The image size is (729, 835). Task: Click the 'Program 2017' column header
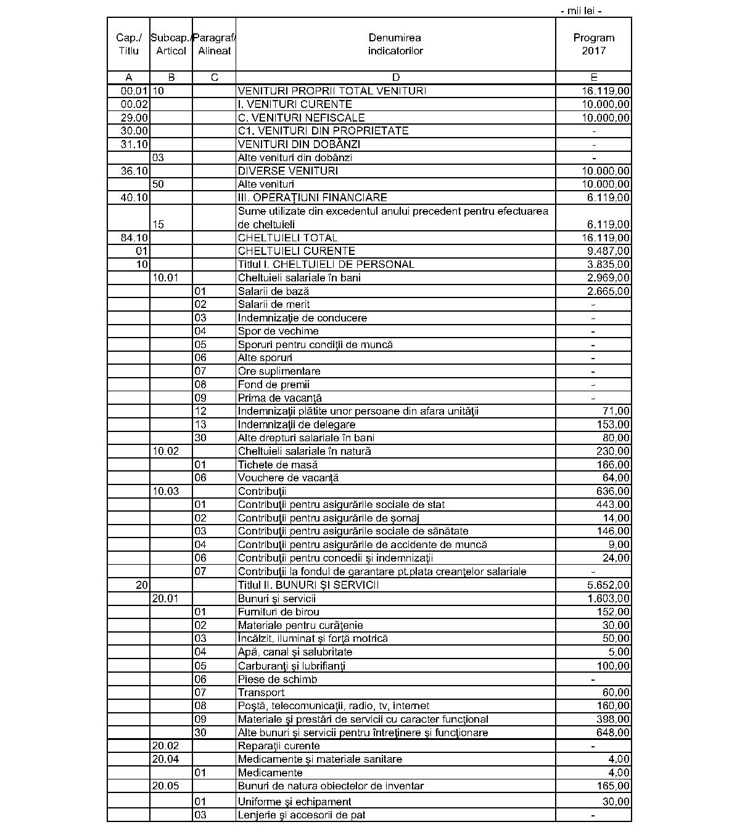(x=593, y=44)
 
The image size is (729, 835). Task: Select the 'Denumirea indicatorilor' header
(x=395, y=44)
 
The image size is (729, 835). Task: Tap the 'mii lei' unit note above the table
(x=580, y=10)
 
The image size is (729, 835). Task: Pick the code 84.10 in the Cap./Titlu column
(x=135, y=238)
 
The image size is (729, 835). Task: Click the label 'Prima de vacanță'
(x=279, y=398)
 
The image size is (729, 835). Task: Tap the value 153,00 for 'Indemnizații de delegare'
(x=615, y=425)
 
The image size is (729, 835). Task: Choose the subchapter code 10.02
(x=165, y=451)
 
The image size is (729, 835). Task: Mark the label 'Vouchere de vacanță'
(x=288, y=478)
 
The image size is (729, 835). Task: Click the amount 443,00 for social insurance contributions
(x=615, y=505)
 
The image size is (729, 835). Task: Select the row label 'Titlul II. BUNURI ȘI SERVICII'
(x=308, y=585)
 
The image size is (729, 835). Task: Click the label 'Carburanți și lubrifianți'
(x=291, y=666)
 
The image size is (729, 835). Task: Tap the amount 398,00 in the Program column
(x=615, y=719)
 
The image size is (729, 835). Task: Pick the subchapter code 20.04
(x=165, y=759)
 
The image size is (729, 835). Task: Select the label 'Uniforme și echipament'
(x=294, y=802)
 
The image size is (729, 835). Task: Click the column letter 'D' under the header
(x=395, y=77)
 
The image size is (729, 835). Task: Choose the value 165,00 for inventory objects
(x=615, y=786)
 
